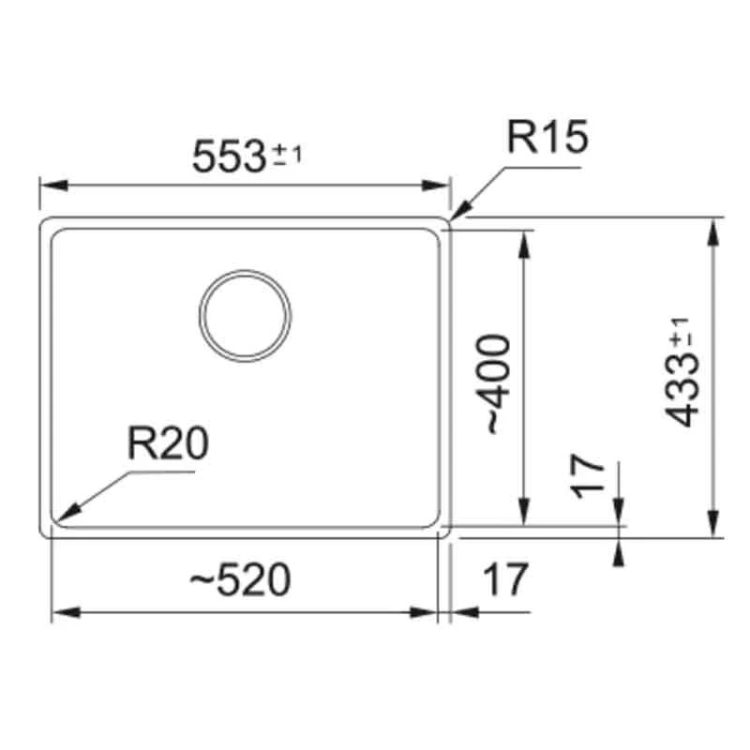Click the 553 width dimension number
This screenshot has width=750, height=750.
click(228, 156)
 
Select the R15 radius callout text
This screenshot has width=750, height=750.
click(547, 138)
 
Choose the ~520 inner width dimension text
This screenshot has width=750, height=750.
click(240, 581)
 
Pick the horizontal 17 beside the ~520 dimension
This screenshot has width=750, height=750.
click(506, 579)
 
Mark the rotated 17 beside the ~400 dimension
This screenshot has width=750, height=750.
click(589, 476)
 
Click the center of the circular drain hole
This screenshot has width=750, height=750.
click(245, 315)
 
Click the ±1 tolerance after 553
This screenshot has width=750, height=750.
click(287, 157)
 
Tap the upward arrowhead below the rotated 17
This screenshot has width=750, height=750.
click(618, 553)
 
